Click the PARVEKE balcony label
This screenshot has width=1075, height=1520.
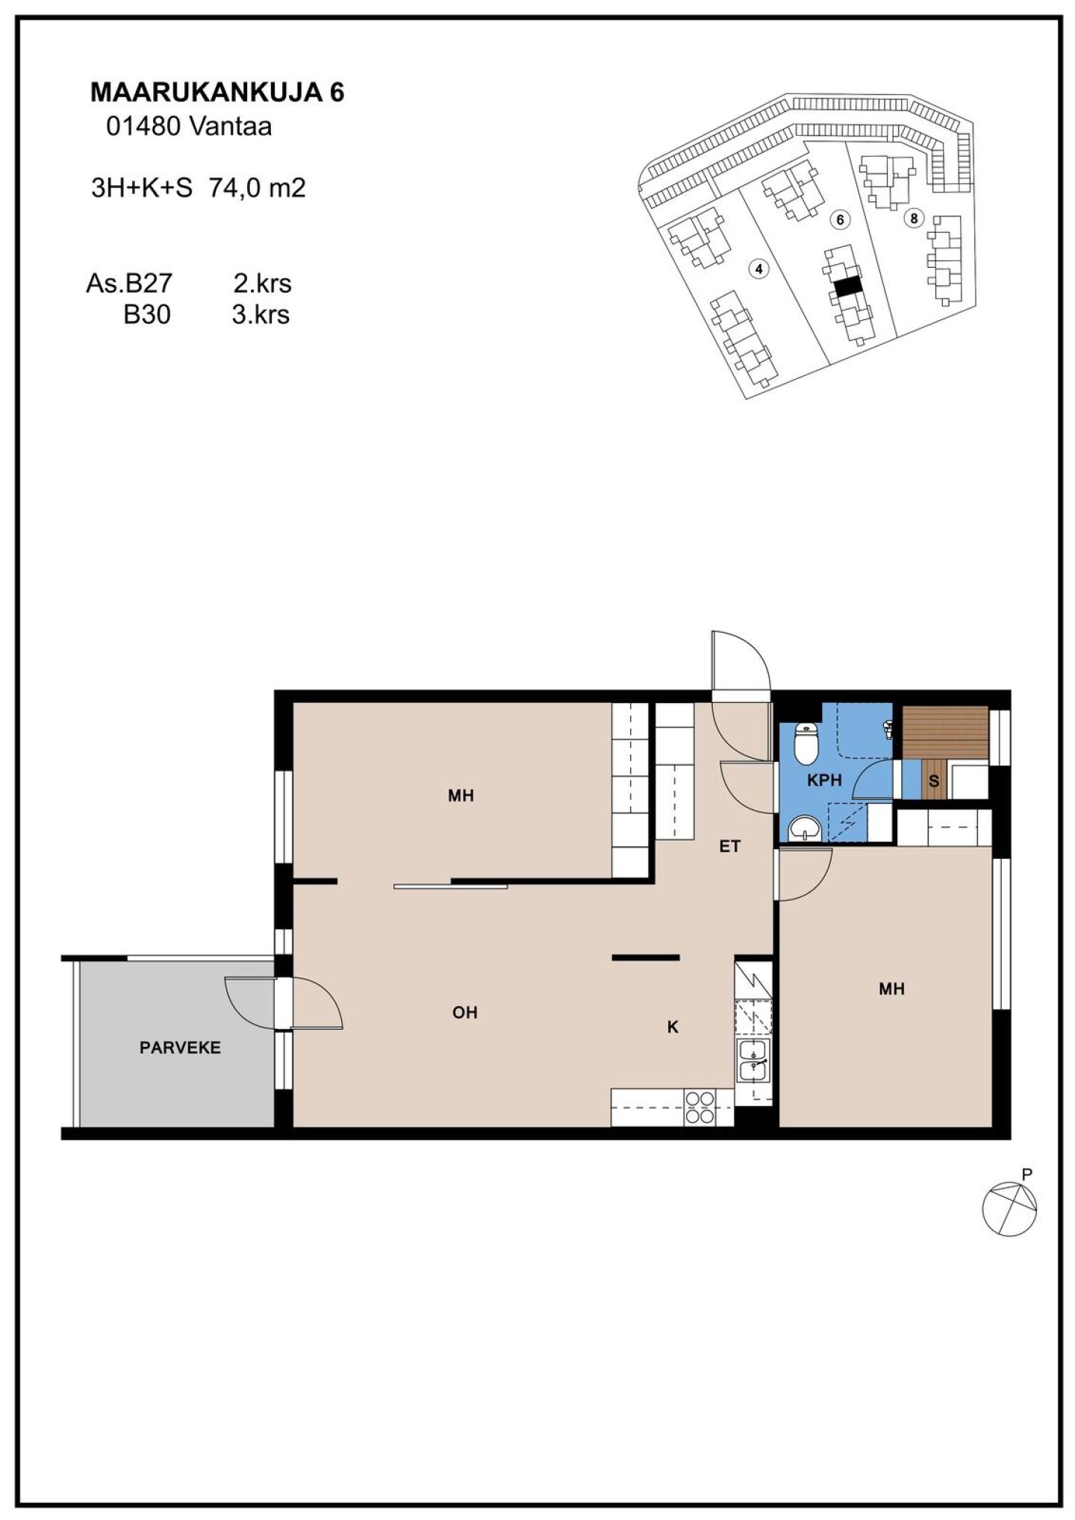click(180, 1048)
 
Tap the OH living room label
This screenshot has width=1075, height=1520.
click(464, 1013)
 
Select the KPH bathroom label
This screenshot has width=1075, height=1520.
click(824, 781)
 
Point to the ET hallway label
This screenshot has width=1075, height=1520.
click(729, 846)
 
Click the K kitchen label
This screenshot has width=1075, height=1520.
click(673, 1027)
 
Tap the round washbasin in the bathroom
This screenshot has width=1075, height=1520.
click(805, 828)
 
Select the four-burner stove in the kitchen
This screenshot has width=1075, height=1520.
click(699, 1107)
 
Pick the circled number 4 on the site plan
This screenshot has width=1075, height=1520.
click(759, 269)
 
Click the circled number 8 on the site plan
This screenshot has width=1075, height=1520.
click(913, 218)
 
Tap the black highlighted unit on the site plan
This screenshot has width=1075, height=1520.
click(847, 287)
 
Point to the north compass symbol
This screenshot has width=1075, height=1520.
click(1009, 1209)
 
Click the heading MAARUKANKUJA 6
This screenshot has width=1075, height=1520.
click(217, 92)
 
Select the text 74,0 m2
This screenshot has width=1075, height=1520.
click(258, 187)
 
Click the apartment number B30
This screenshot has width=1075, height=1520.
click(147, 314)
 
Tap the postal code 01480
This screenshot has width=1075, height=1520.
click(143, 127)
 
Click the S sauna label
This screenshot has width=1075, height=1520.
click(933, 781)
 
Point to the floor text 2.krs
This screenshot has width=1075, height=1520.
click(262, 283)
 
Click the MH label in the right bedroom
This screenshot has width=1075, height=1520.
click(891, 989)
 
